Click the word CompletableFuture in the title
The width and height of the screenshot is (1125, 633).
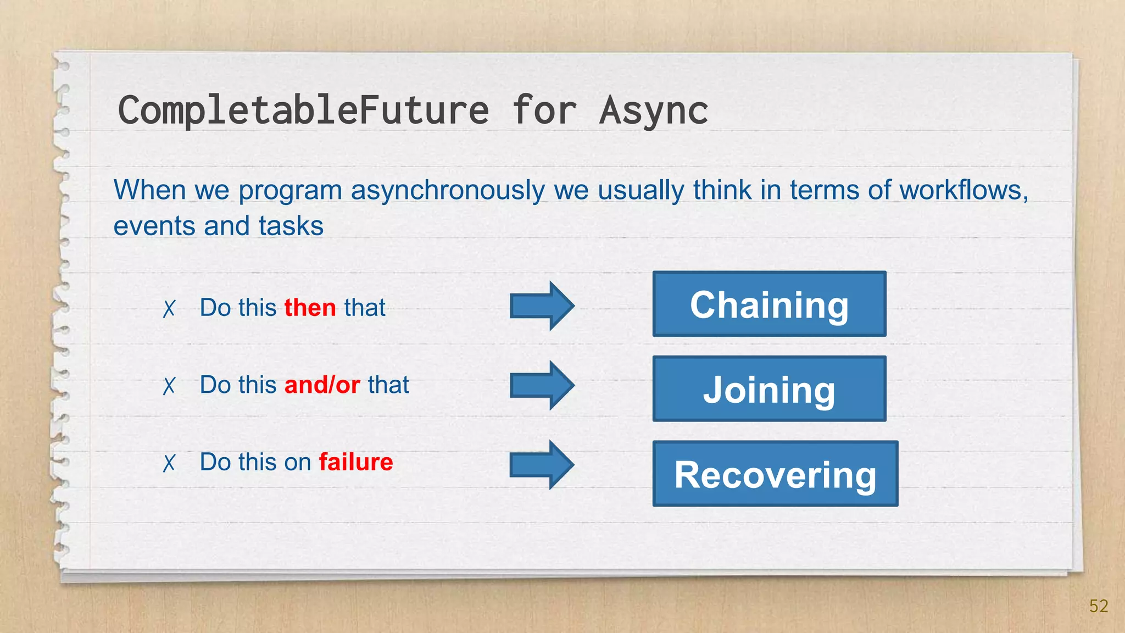pos(303,110)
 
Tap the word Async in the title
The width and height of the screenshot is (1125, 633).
pos(653,110)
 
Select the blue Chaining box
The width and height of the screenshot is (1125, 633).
pos(769,304)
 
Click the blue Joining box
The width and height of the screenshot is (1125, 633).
pos(769,388)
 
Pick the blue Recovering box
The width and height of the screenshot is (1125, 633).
pos(775,474)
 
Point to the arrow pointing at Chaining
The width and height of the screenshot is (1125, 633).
pos(542,306)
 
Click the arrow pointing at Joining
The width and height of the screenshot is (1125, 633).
pos(542,385)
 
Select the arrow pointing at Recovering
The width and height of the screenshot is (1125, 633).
pos(542,465)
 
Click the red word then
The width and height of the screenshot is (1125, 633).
pos(310,308)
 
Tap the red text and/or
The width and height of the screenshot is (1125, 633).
pos(322,385)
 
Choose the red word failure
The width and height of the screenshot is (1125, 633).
pos(355,462)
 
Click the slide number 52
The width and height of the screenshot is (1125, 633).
pos(1098,606)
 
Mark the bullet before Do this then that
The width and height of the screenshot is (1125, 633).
pos(169,309)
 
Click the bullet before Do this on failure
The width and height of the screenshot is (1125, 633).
pos(169,463)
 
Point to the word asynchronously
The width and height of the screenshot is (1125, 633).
pos(448,191)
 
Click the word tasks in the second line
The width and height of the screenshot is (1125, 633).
pos(291,226)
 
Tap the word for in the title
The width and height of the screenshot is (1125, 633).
pos(544,110)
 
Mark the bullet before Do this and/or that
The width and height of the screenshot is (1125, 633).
pos(169,386)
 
